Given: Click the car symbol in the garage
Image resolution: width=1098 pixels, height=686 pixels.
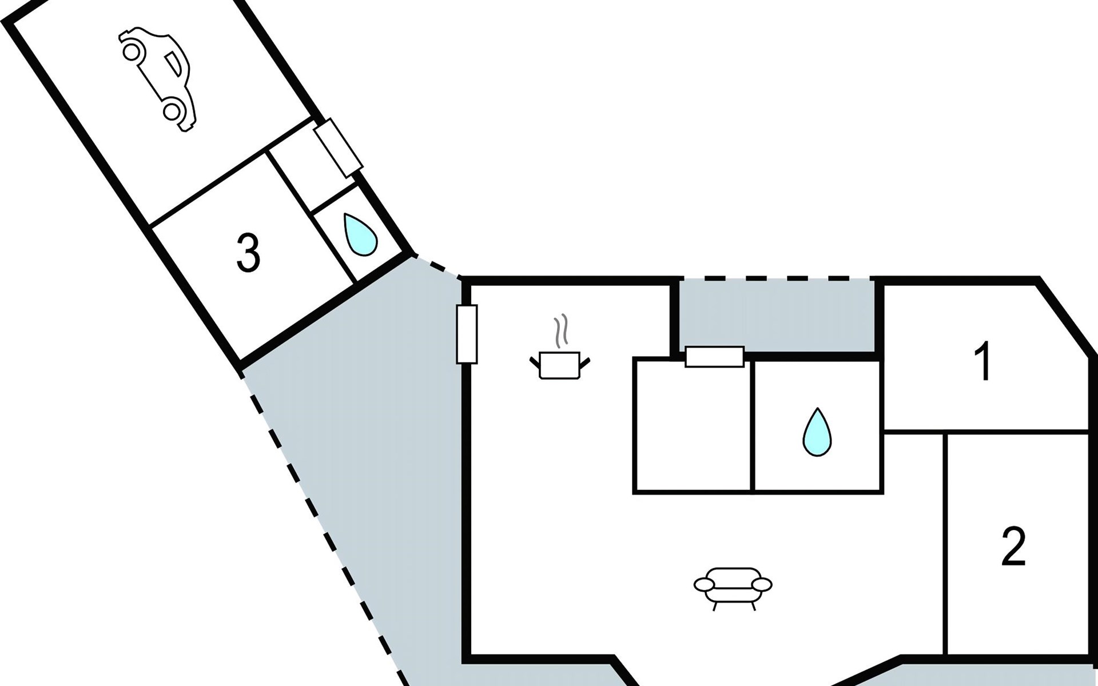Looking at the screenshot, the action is click(158, 79).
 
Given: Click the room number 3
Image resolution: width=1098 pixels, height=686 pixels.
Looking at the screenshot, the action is click(248, 253).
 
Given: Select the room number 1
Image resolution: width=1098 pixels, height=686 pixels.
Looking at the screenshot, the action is click(983, 361).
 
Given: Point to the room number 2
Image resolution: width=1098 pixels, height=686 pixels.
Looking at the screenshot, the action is click(1013, 547).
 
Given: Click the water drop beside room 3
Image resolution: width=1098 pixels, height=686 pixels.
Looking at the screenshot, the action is click(360, 234).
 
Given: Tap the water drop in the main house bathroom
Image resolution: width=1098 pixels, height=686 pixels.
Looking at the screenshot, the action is click(817, 432).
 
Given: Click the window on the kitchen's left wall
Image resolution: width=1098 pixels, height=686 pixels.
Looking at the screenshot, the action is click(467, 334).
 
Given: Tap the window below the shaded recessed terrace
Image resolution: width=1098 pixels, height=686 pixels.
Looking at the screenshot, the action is click(714, 357).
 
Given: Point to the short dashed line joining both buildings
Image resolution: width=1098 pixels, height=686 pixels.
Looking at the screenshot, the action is click(437, 266).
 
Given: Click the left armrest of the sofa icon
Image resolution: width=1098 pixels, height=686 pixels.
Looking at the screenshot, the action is click(705, 584).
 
